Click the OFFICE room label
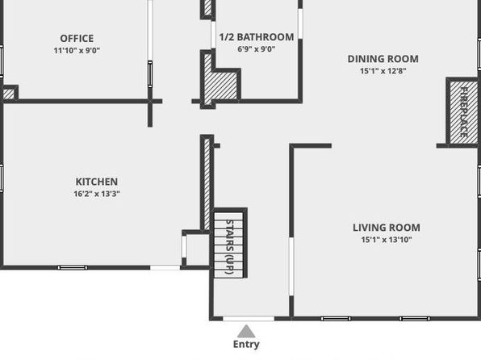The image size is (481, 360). [77, 39]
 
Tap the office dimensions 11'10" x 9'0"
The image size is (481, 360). [77, 50]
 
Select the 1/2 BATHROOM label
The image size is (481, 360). [257, 37]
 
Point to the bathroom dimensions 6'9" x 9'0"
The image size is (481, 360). [257, 48]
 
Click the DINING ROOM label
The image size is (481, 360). [383, 59]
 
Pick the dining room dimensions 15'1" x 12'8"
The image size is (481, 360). [383, 71]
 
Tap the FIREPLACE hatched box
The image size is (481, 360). [463, 111]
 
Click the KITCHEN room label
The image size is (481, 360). [97, 182]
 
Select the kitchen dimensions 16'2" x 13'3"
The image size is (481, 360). [97, 194]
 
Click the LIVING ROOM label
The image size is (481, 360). [387, 228]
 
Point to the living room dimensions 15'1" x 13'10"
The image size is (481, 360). [387, 240]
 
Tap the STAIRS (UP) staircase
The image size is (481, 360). [229, 244]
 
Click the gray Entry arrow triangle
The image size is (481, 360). [246, 332]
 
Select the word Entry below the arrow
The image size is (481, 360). [246, 344]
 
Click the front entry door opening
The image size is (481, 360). [249, 319]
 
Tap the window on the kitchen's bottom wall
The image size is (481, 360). [73, 268]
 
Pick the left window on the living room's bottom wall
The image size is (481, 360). [336, 319]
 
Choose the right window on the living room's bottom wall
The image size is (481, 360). [415, 319]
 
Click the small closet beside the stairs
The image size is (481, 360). [196, 249]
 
